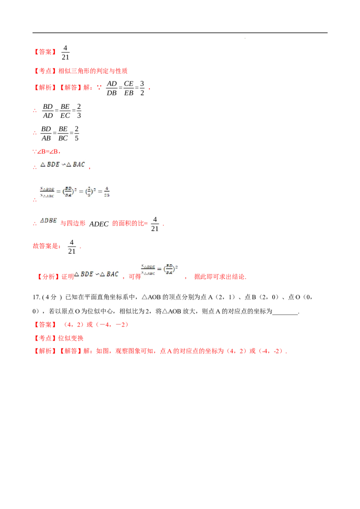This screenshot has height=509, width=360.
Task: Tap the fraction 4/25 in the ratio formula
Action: pos(106,192)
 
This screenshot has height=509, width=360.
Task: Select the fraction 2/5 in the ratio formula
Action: pos(89,192)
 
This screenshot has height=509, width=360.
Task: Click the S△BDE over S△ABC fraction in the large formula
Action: pos(47,192)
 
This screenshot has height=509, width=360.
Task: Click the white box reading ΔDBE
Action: pos(49,220)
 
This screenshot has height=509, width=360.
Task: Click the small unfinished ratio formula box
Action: pos(160,270)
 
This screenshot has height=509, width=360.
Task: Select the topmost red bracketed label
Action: pos(45,52)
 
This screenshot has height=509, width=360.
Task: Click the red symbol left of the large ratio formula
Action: pos(35,201)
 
